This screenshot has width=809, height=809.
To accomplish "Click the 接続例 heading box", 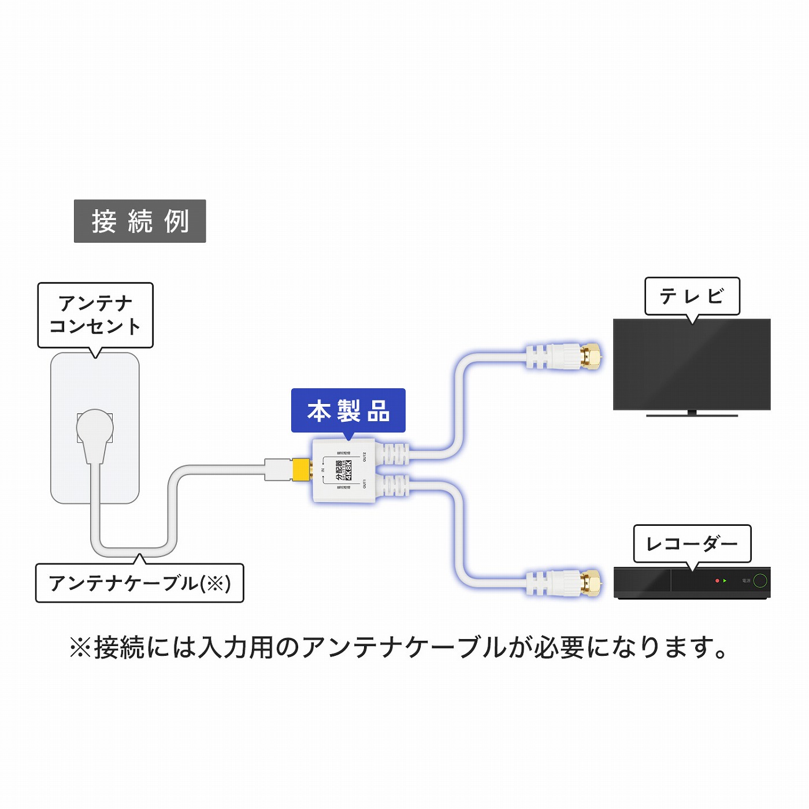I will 140,221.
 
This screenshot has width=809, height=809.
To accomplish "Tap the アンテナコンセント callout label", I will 95,315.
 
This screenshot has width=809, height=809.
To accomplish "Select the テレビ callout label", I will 692,296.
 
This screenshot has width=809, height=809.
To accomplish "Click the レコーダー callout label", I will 692,543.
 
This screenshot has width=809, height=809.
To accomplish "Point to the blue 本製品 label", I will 348,411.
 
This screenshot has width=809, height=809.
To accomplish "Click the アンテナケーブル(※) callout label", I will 139,583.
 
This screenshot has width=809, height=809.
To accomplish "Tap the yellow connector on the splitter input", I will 301,469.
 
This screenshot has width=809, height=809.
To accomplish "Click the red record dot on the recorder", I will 717,581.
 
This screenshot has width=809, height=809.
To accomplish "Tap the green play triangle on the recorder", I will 725,581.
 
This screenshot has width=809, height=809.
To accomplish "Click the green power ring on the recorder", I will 760,580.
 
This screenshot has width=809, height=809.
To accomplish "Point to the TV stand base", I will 692,414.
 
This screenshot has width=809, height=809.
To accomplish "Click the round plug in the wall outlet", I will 95,428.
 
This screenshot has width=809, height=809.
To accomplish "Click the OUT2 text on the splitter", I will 365,457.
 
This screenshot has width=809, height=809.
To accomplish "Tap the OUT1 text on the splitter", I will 365,484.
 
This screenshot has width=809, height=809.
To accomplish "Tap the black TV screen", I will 692,364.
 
